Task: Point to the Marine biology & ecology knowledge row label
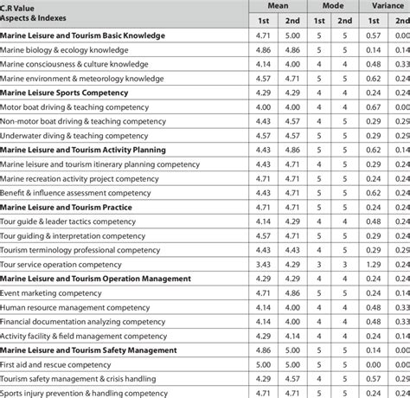(x=61, y=50)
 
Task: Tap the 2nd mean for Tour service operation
(x=291, y=264)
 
